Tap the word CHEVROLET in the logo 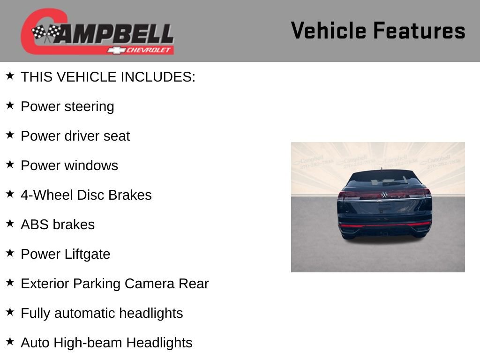pyautogui.click(x=150, y=50)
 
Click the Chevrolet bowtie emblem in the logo pyautogui.click(x=116, y=50)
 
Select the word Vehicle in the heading pyautogui.click(x=328, y=30)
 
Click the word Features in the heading pyautogui.click(x=419, y=30)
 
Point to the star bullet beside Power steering pyautogui.click(x=10, y=105)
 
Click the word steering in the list pyautogui.click(x=89, y=107)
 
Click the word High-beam pyautogui.click(x=88, y=343)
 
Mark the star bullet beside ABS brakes pyautogui.click(x=10, y=223)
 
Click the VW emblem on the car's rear pyautogui.click(x=384, y=195)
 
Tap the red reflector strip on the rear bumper pyautogui.click(x=384, y=225)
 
